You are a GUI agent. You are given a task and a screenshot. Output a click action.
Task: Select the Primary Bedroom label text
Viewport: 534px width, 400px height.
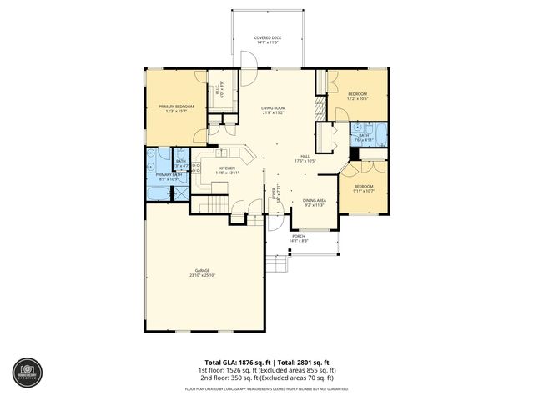click(x=177, y=107)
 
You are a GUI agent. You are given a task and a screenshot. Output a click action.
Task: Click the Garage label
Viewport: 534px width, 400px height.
click(x=202, y=271)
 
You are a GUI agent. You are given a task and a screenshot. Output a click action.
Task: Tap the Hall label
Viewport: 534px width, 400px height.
click(x=305, y=156)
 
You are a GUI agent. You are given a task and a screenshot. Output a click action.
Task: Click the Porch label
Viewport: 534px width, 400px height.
click(x=298, y=237)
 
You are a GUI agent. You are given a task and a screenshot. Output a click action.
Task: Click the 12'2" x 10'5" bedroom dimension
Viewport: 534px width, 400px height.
click(x=358, y=97)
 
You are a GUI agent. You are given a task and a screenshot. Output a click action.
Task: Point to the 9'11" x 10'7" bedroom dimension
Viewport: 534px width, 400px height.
click(x=363, y=191)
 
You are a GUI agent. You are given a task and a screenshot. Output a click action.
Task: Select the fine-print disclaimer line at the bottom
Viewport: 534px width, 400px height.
click(x=267, y=388)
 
